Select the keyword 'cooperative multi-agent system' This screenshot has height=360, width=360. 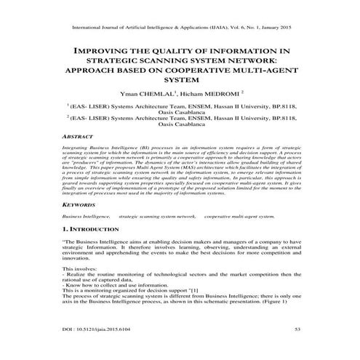tap(239, 217)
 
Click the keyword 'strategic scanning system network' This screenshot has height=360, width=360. tap(157, 217)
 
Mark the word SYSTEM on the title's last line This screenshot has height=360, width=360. tap(181, 80)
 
